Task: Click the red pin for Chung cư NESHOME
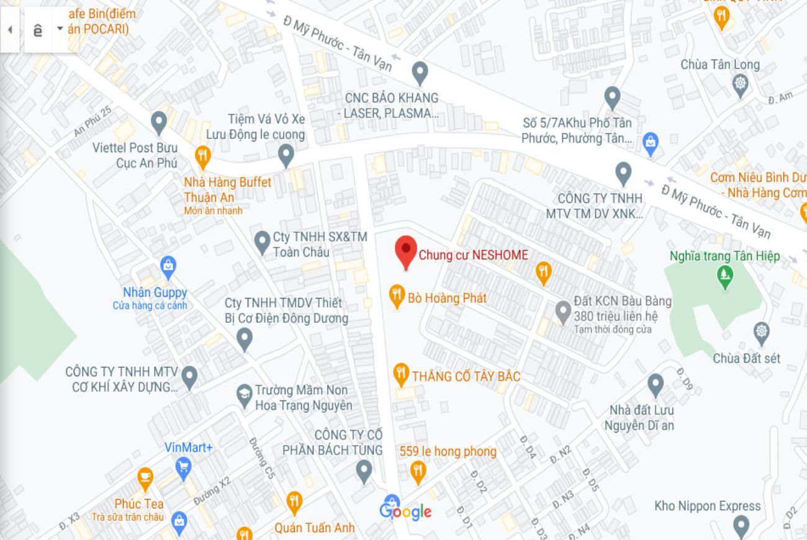click(406, 250)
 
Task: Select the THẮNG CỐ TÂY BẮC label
click(466, 376)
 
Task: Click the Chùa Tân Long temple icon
click(741, 84)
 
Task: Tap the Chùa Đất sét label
click(746, 358)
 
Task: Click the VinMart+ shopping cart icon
click(183, 467)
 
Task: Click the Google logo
click(405, 511)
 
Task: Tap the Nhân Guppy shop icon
click(168, 268)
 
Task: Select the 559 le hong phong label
click(448, 451)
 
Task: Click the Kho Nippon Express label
click(707, 506)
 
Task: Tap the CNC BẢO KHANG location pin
click(420, 73)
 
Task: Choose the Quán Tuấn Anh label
click(315, 528)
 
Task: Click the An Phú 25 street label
click(92, 121)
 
